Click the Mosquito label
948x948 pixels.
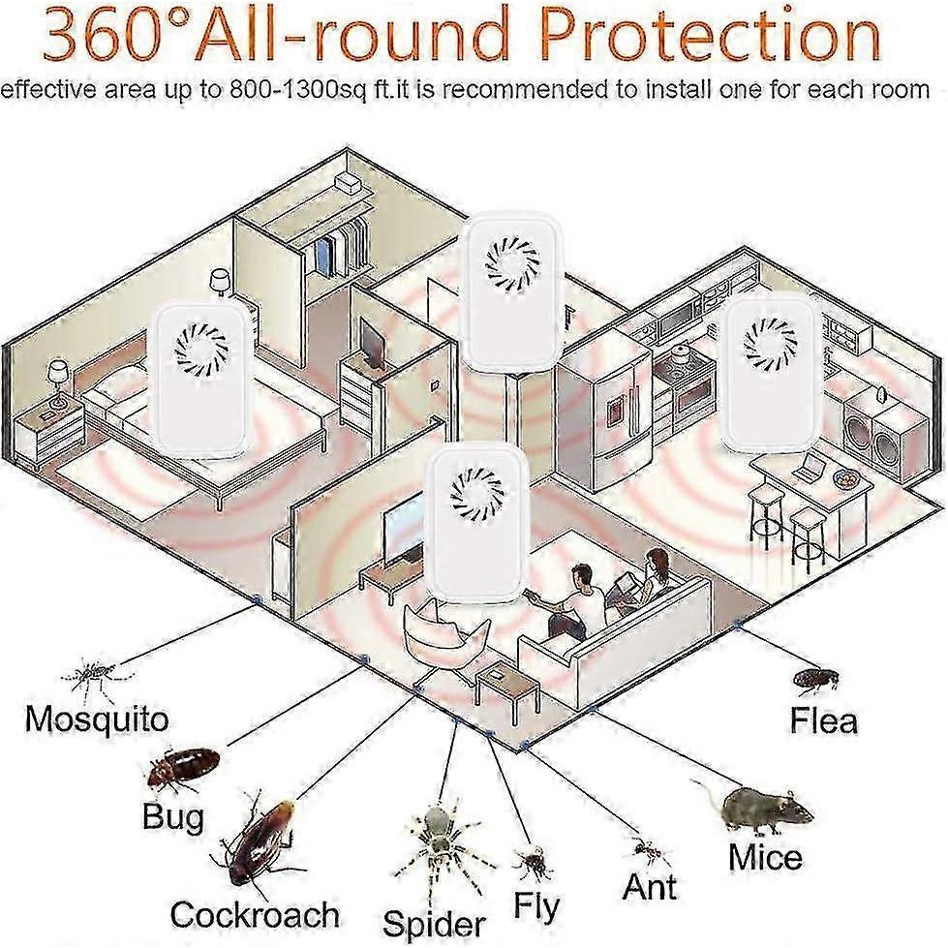[x=97, y=719]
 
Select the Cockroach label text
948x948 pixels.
[x=255, y=914]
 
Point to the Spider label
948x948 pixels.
[x=434, y=925]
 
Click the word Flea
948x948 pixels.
[x=824, y=720]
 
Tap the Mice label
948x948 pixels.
[x=765, y=857]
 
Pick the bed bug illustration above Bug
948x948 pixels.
[x=183, y=767]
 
